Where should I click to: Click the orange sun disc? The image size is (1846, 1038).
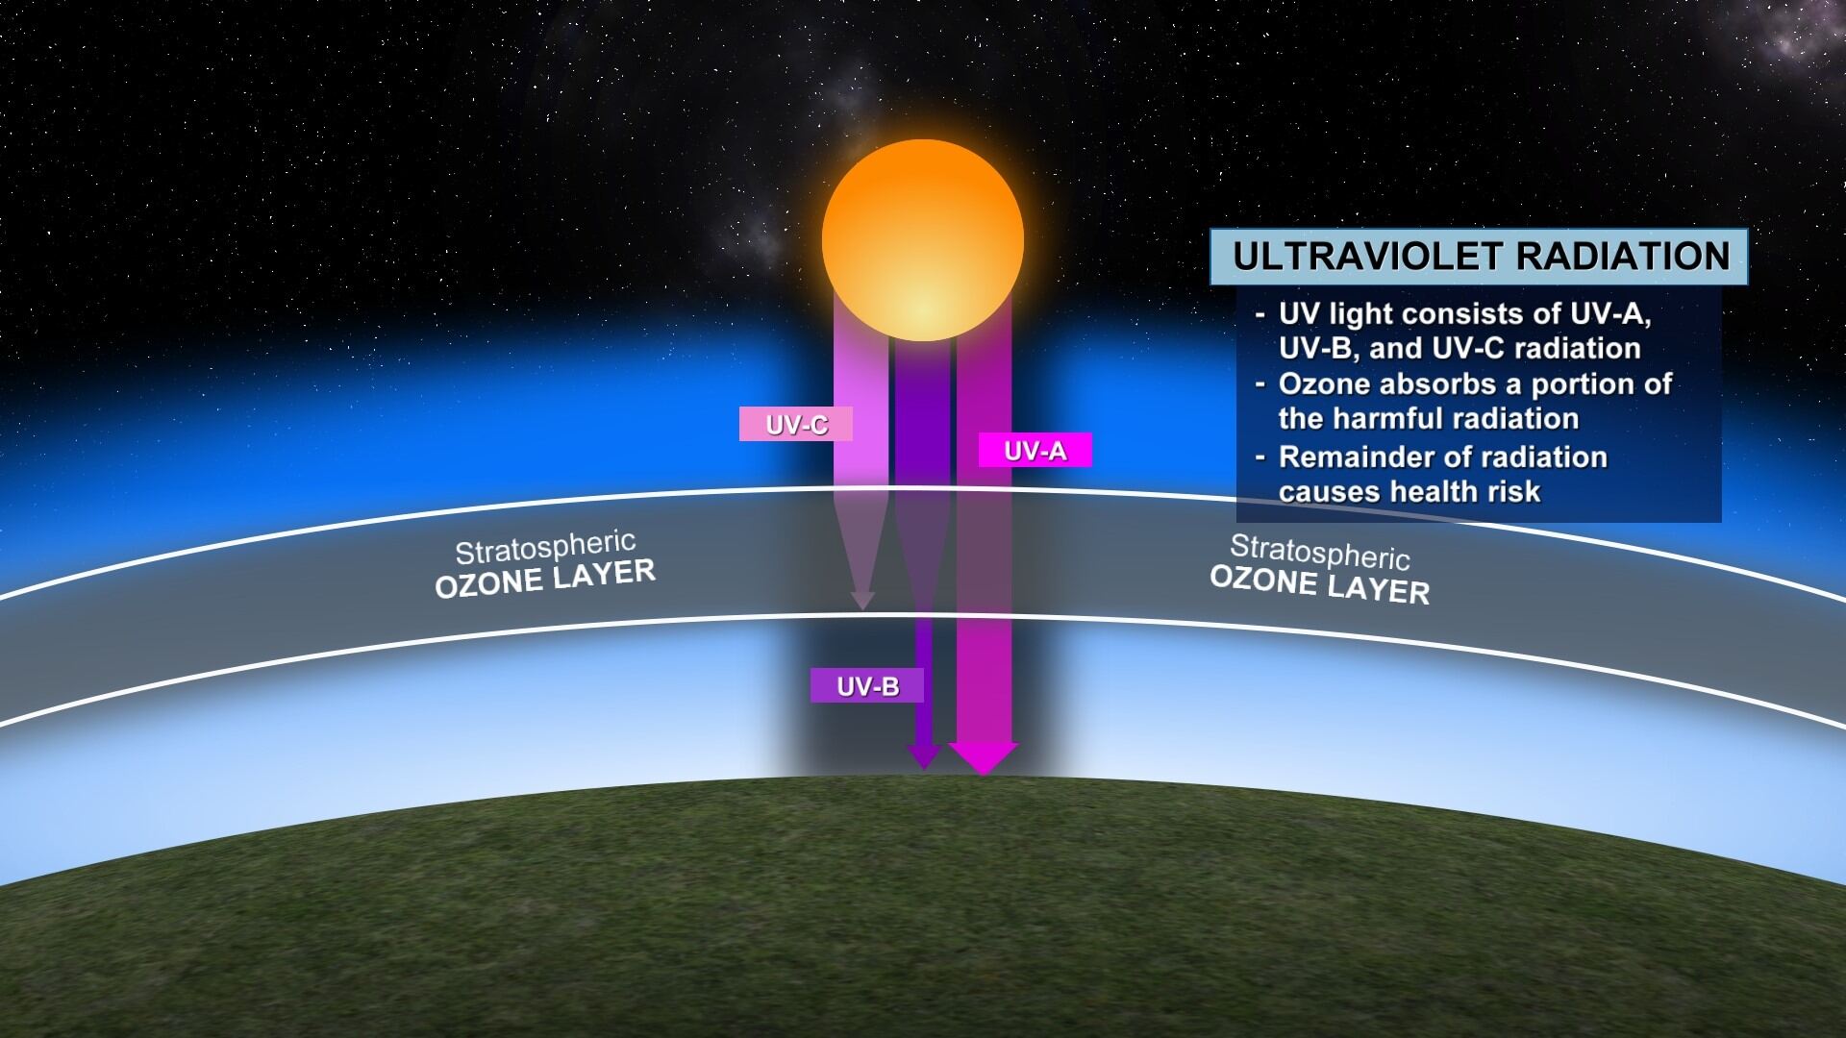click(923, 240)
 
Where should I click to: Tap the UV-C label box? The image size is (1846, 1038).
click(795, 424)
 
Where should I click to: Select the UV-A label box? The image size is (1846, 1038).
click(1035, 450)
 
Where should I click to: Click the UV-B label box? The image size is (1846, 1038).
click(867, 685)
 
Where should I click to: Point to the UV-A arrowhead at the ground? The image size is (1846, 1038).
click(984, 758)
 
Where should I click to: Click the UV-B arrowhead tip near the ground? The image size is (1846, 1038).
click(923, 768)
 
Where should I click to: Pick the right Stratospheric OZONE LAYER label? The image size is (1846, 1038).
click(1319, 569)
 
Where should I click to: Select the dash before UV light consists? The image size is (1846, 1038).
click(1260, 315)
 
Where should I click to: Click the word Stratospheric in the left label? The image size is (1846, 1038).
click(545, 549)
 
